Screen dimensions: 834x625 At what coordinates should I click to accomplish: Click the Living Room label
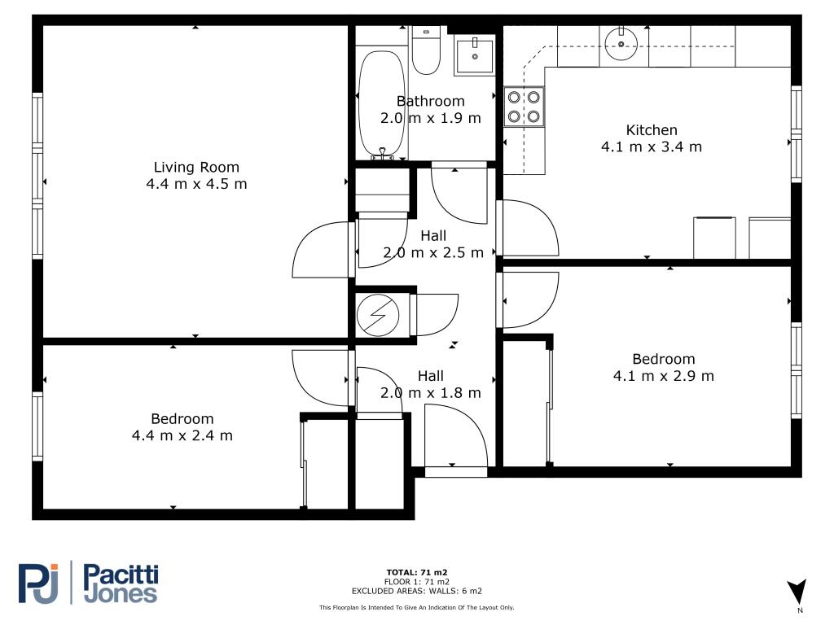tap(196, 167)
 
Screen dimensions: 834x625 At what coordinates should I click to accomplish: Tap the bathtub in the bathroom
tap(381, 104)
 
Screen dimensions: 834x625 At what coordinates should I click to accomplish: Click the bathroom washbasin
tap(475, 55)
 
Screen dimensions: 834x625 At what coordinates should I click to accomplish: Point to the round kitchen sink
tap(621, 44)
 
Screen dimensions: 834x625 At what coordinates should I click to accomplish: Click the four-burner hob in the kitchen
tap(524, 107)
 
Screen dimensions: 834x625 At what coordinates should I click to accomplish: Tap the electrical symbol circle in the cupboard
tap(378, 315)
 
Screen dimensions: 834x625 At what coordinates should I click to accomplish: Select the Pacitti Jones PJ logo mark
tap(38, 583)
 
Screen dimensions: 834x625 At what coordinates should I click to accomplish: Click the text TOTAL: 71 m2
tap(417, 572)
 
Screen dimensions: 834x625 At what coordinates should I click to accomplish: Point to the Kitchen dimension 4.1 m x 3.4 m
tap(652, 146)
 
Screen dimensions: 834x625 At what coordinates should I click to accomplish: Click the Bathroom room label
tap(431, 101)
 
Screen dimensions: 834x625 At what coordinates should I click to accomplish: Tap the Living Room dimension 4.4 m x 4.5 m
tap(197, 184)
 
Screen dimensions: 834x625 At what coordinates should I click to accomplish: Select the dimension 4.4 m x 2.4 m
tap(182, 435)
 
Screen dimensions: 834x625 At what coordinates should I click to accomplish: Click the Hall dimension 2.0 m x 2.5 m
tap(433, 252)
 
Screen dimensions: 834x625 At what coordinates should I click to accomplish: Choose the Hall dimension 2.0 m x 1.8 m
tap(431, 393)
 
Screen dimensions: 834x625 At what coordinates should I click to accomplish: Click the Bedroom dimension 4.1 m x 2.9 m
tap(664, 376)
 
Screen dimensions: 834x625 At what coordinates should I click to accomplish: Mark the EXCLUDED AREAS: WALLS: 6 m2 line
tap(417, 591)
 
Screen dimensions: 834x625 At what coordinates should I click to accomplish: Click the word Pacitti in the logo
tap(121, 575)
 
